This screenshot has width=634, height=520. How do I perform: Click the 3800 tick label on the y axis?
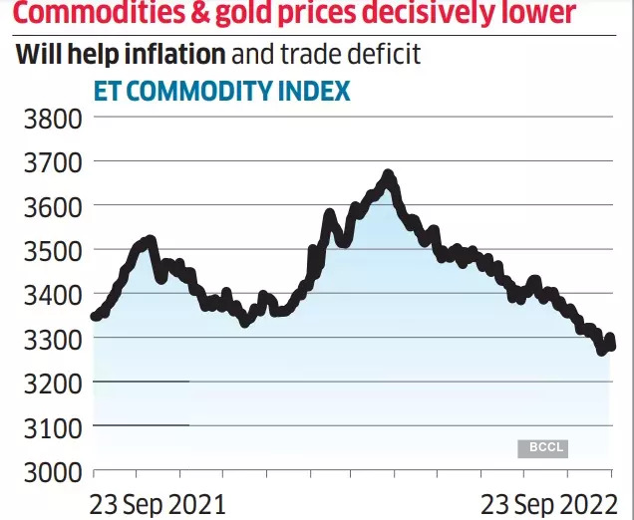(50, 120)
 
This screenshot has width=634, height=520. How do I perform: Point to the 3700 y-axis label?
(50, 162)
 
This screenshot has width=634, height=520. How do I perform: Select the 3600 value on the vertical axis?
(50, 206)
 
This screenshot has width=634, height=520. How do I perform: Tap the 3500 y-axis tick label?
(50, 250)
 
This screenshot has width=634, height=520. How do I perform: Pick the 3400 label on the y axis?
(50, 295)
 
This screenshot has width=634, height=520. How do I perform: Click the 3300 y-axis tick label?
(50, 339)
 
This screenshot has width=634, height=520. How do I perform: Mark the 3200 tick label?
(50, 383)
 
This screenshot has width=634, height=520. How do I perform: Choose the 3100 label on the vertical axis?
(50, 426)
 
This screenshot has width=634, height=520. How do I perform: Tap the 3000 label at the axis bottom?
(50, 470)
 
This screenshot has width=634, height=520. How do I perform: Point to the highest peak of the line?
(389, 175)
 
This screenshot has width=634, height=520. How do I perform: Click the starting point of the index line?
(95, 317)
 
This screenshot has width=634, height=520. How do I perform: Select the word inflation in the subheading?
(165, 54)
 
